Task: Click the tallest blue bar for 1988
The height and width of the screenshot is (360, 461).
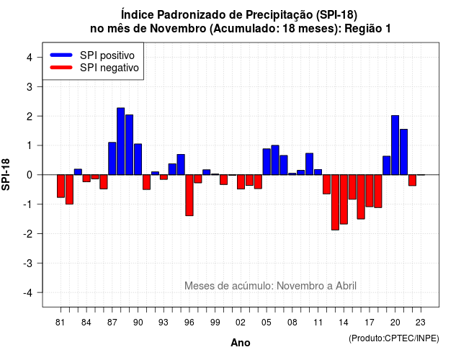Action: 120,141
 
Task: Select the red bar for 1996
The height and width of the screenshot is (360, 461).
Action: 189,195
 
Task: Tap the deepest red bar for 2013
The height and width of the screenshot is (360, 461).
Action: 335,202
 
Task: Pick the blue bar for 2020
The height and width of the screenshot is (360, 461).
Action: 395,145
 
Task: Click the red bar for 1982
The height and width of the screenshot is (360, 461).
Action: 69,189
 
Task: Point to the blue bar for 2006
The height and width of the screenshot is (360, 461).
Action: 275,160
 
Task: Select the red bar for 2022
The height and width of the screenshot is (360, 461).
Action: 412,180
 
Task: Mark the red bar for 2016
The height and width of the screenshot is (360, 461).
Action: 361,197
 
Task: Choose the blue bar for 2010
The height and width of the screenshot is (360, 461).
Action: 309,164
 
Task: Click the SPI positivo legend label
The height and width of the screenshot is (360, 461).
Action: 107,55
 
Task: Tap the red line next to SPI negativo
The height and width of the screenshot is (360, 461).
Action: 61,67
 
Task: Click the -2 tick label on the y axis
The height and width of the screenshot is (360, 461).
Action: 29,233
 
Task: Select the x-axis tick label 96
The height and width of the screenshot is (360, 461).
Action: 189,323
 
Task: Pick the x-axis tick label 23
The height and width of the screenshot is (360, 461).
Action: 421,323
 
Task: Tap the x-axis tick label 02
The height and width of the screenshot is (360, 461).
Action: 241,323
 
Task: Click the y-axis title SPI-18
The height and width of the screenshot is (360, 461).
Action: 6,174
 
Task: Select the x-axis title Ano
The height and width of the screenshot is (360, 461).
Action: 241,343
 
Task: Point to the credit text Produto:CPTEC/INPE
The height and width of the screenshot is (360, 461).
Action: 394,338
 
